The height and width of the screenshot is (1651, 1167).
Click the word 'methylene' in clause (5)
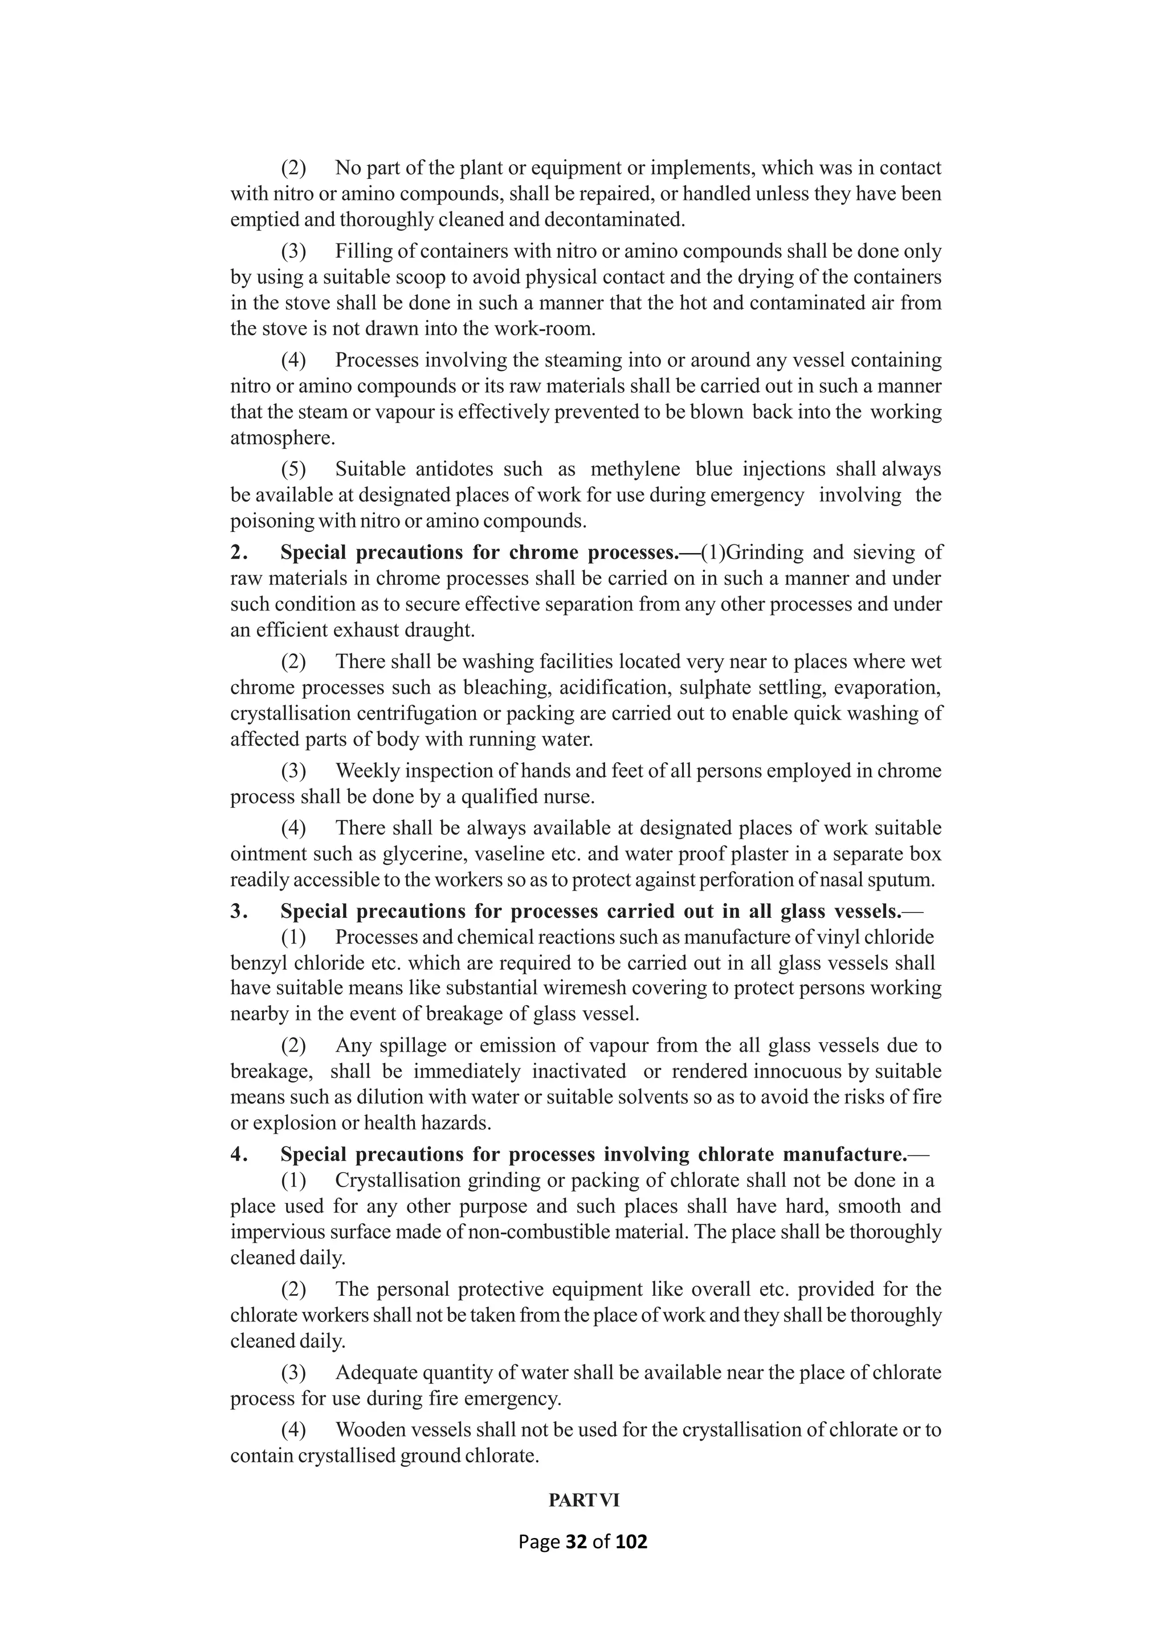tap(635, 470)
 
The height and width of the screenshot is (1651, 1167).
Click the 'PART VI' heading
tap(583, 1500)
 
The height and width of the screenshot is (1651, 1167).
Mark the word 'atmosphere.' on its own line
tap(283, 438)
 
